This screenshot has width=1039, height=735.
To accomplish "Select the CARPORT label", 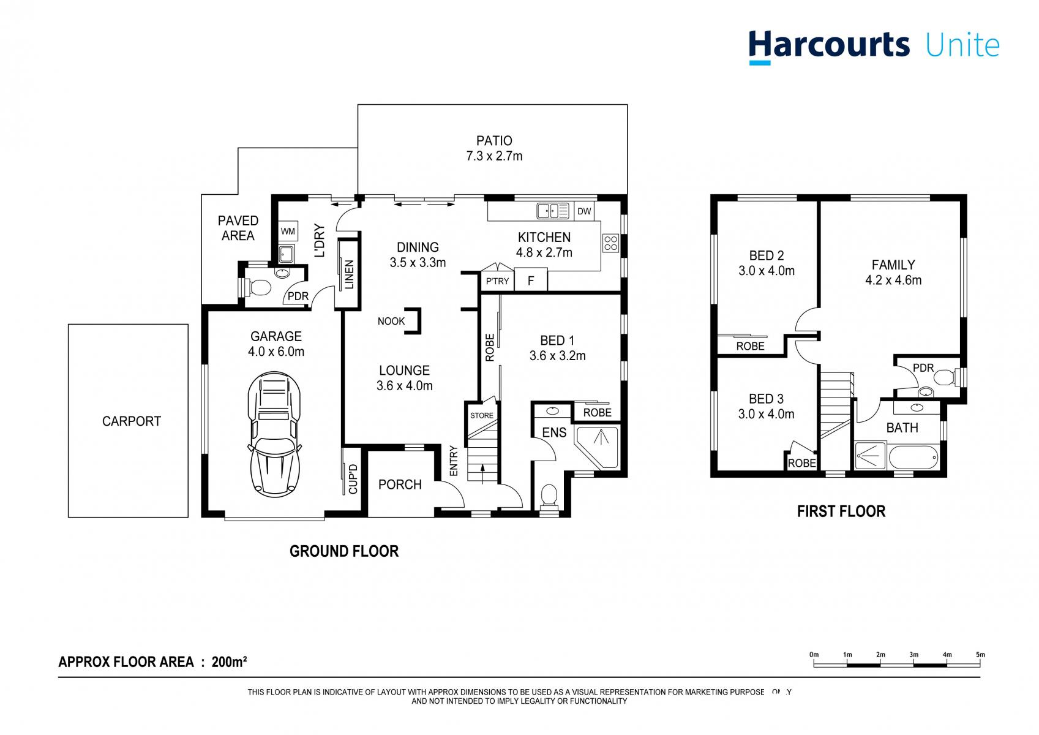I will click(x=131, y=421).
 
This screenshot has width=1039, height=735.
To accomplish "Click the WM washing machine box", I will click(x=288, y=232).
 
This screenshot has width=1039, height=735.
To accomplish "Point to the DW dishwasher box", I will click(x=584, y=211).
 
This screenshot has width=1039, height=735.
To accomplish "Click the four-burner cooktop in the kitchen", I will click(x=610, y=243).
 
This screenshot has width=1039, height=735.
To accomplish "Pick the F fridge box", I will click(x=531, y=281).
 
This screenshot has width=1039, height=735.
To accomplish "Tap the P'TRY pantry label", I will click(x=497, y=281).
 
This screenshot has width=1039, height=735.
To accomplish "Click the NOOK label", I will click(x=391, y=321).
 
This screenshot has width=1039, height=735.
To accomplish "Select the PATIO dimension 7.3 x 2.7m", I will click(x=494, y=156).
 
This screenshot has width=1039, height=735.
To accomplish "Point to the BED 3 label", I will click(x=766, y=399).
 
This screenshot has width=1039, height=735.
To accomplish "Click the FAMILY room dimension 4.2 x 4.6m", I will click(x=893, y=281).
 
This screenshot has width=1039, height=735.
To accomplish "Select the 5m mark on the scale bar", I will click(x=980, y=655).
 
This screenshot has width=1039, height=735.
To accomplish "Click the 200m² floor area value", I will click(x=229, y=662).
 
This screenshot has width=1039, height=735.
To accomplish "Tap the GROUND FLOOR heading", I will click(x=343, y=551).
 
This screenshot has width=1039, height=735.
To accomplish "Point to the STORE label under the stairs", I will click(x=481, y=415).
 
